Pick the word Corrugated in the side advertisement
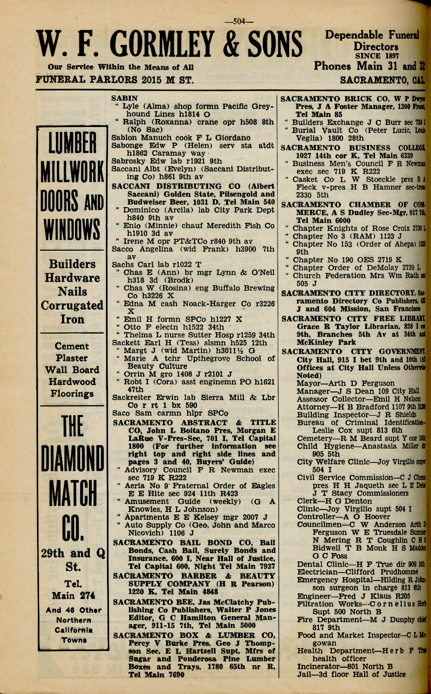pyautogui.click(x=72, y=306)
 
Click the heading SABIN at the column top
pyautogui.click(x=125, y=98)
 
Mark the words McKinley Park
pyautogui.click(x=325, y=342)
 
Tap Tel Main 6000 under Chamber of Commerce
pyautogui.click(x=323, y=221)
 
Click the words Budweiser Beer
pyautogui.click(x=156, y=202)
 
